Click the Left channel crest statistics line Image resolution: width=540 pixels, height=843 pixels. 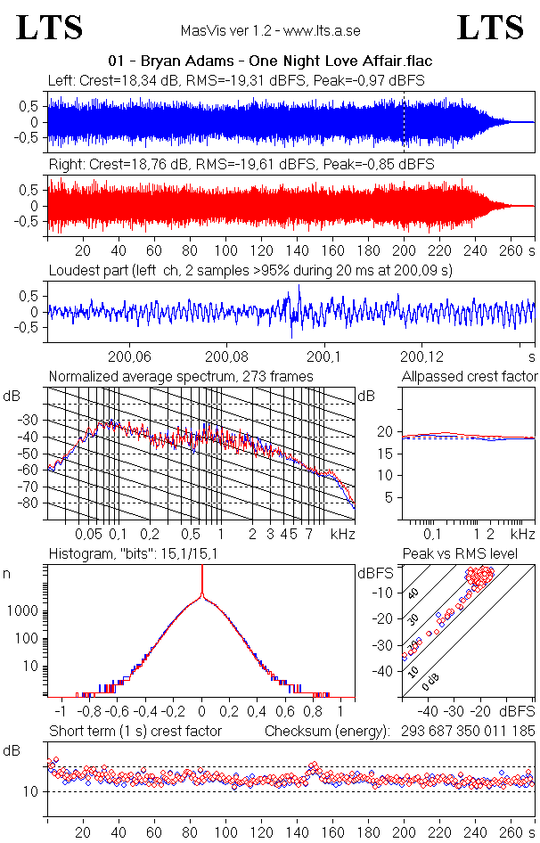236,80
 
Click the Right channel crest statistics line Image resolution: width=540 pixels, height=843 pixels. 241,165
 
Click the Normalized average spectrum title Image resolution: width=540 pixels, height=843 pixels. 181,377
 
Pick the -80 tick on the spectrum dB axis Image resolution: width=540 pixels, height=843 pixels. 34,503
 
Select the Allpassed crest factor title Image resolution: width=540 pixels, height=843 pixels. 470,377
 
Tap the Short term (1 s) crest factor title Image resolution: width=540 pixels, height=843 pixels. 135,732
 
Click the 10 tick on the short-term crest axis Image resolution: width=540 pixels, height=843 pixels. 29,792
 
